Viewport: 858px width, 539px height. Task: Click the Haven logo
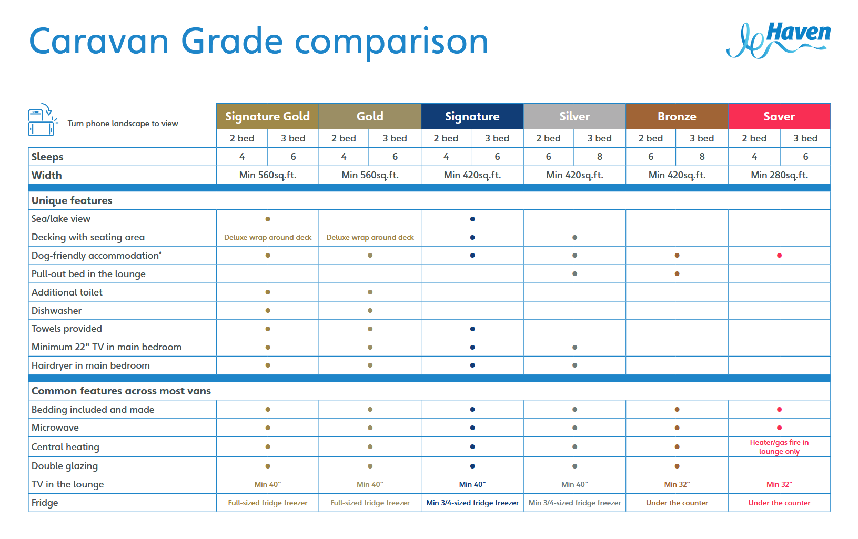[779, 39]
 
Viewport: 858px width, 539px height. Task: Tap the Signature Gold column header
[267, 116]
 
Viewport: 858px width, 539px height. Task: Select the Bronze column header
[677, 116]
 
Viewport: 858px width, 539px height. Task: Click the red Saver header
[779, 116]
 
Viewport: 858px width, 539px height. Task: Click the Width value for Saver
[779, 175]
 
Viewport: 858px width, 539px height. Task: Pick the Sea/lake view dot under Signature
[472, 219]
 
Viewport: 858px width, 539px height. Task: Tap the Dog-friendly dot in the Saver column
[779, 256]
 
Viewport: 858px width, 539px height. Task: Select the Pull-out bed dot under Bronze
[677, 274]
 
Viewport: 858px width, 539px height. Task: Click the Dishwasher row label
[57, 311]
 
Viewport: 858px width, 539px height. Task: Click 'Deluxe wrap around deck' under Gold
[370, 237]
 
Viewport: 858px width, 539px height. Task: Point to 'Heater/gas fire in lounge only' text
[779, 447]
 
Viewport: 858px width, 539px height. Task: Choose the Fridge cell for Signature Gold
[267, 503]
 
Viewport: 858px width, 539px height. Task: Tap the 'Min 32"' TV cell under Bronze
[677, 484]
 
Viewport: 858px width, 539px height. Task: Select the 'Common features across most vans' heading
[121, 391]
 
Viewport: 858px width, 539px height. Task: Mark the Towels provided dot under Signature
[472, 329]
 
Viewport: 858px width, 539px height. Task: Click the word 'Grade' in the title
[232, 42]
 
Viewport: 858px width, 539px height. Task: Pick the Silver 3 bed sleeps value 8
[599, 157]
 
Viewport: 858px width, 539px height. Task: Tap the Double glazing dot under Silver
[574, 466]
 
